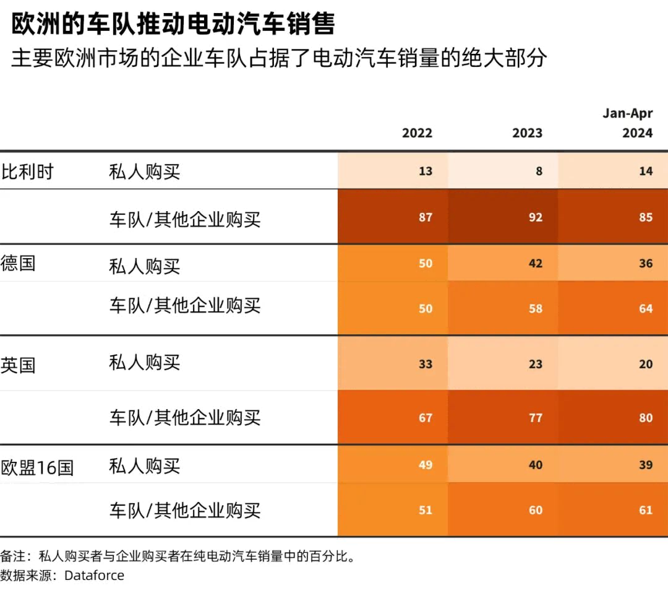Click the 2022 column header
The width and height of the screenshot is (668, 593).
(417, 133)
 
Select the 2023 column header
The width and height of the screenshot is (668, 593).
(527, 133)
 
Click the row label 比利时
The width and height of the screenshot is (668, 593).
(27, 171)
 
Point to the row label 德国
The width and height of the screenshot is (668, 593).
(19, 263)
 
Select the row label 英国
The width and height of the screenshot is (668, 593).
(19, 365)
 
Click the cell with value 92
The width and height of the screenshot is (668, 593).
(536, 217)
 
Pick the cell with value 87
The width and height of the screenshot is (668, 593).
(426, 217)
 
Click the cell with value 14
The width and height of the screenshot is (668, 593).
(646, 171)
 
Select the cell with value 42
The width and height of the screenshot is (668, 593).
(536, 263)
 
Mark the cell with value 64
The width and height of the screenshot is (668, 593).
(646, 308)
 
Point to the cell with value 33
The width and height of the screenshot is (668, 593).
(426, 364)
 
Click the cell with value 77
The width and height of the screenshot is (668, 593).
(536, 418)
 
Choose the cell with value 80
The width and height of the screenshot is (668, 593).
(646, 418)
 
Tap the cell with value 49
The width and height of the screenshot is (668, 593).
(426, 464)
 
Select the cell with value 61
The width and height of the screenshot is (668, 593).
(646, 510)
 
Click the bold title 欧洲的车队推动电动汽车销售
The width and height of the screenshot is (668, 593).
(173, 25)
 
